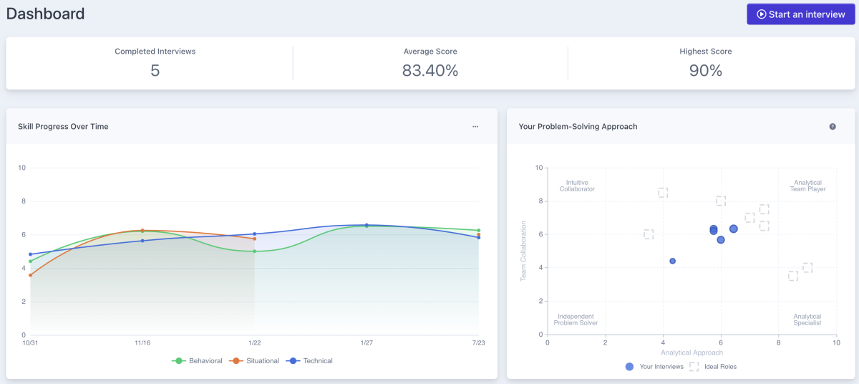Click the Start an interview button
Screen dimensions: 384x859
pyautogui.click(x=800, y=14)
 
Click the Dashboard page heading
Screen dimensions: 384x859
pyautogui.click(x=45, y=14)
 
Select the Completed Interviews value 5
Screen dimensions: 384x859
pyautogui.click(x=155, y=70)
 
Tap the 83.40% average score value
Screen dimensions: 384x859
pyautogui.click(x=429, y=70)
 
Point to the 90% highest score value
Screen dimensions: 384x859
pyautogui.click(x=705, y=70)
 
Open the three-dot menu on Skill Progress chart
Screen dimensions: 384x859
pyautogui.click(x=475, y=127)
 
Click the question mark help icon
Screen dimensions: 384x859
pyautogui.click(x=833, y=127)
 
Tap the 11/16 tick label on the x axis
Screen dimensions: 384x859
pyautogui.click(x=142, y=343)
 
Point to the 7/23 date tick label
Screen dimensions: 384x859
pyautogui.click(x=478, y=343)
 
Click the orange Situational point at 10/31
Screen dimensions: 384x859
pyautogui.click(x=30, y=275)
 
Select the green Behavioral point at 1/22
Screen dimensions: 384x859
pyautogui.click(x=254, y=251)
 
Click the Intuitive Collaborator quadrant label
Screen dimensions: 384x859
pyautogui.click(x=576, y=186)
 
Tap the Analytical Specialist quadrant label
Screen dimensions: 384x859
pyautogui.click(x=807, y=320)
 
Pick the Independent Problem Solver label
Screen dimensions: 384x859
pyautogui.click(x=576, y=320)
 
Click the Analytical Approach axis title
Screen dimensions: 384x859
pyautogui.click(x=691, y=352)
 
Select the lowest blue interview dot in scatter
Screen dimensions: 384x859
pyautogui.click(x=672, y=261)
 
